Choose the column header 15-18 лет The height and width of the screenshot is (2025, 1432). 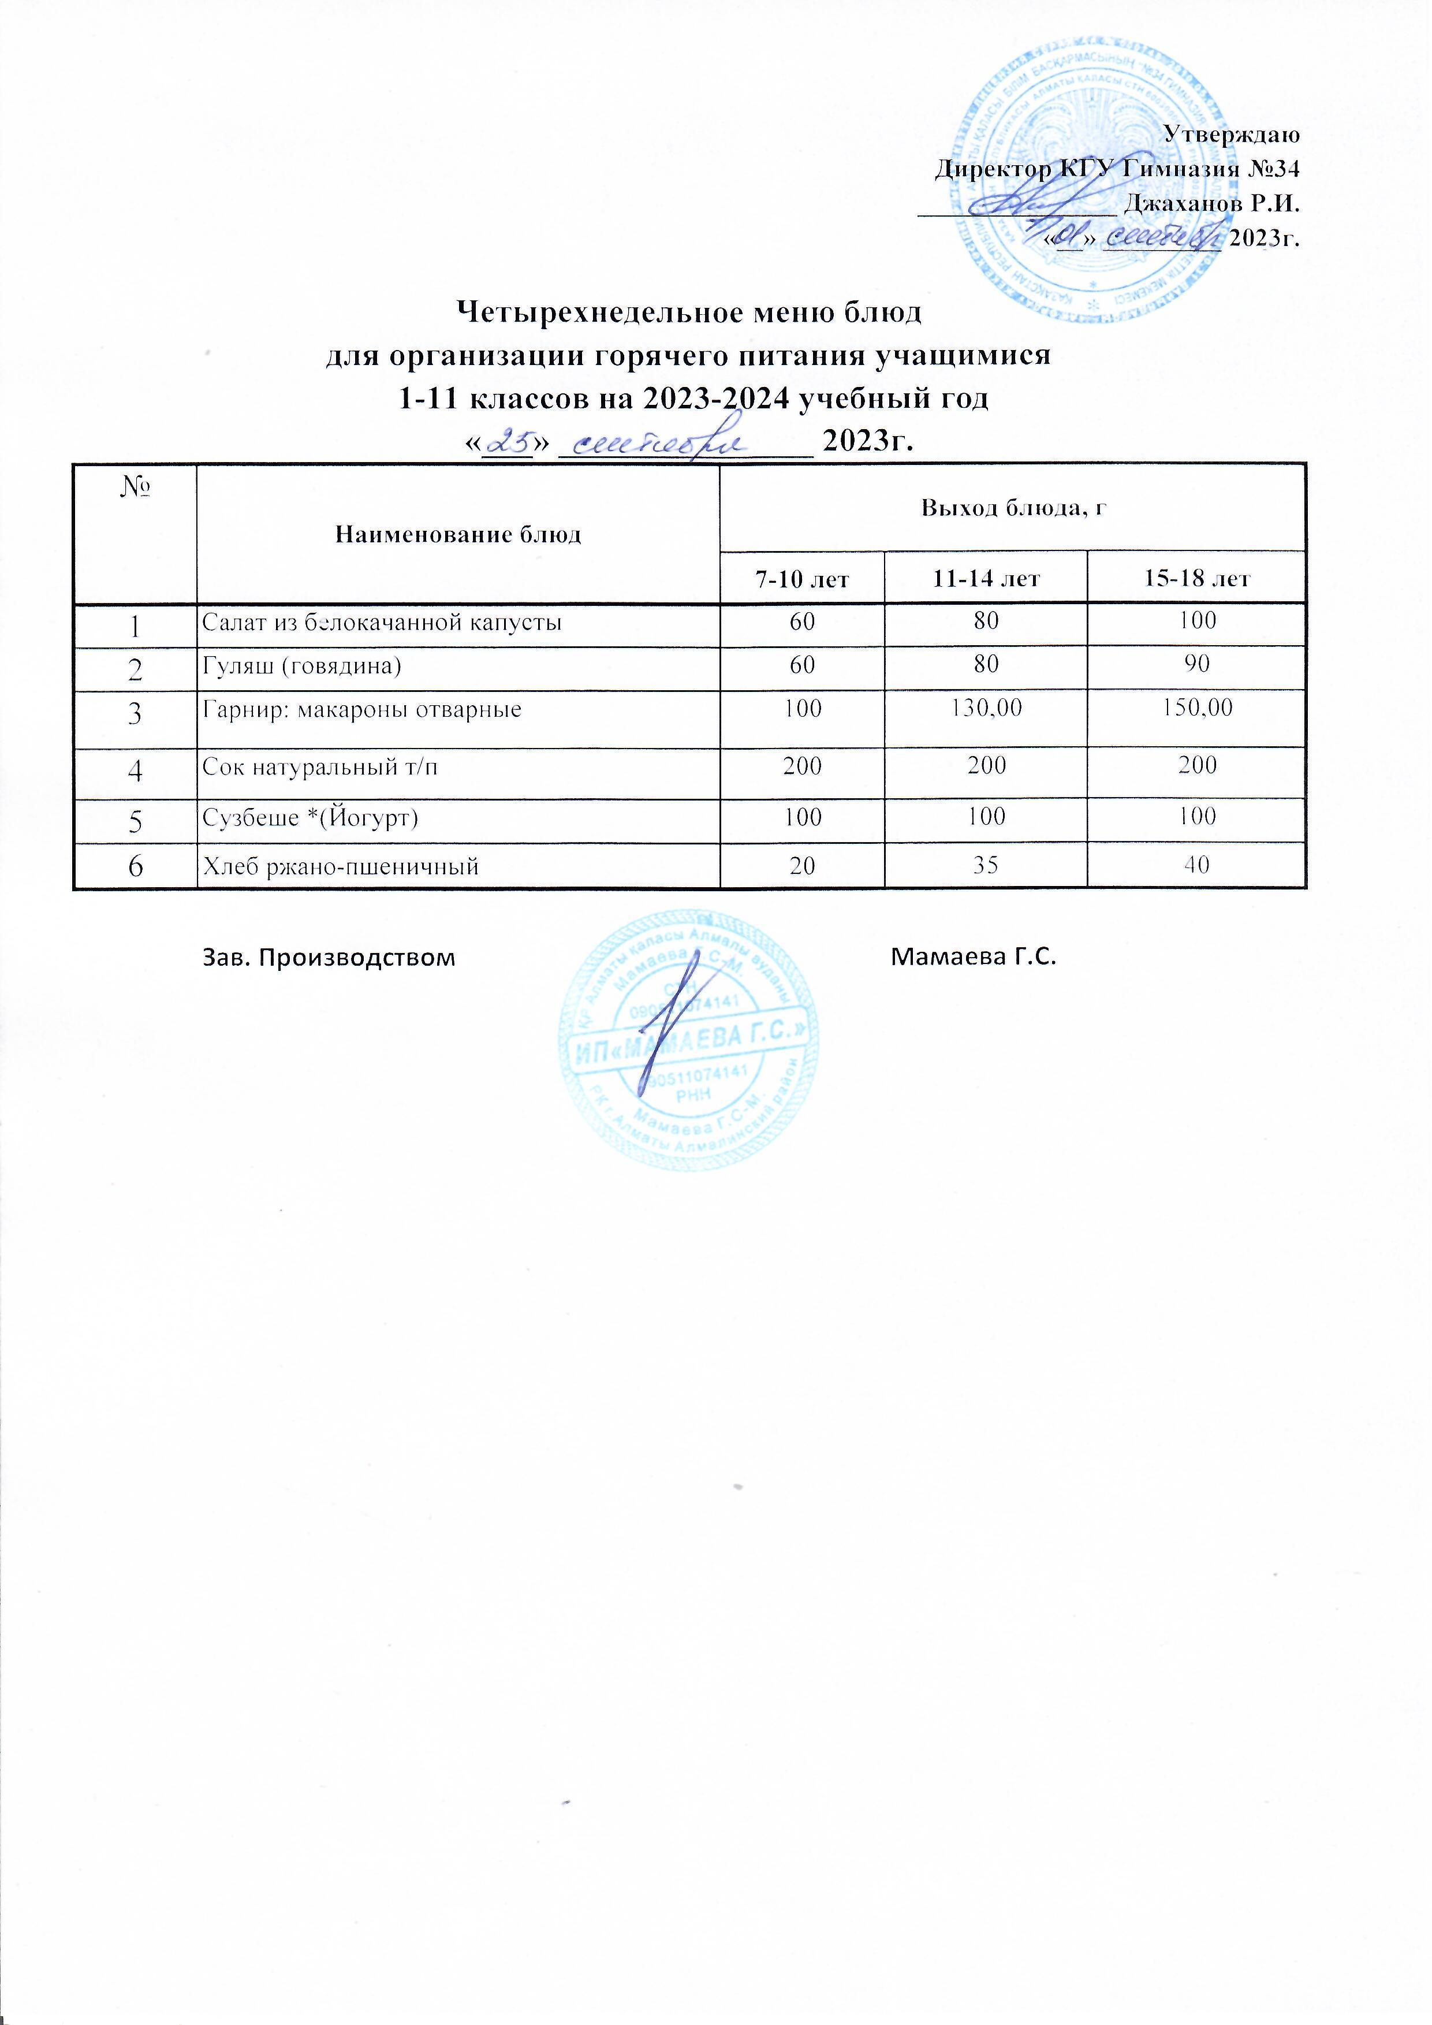1196,579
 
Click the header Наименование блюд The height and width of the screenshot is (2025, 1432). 458,534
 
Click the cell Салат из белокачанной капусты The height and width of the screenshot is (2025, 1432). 382,623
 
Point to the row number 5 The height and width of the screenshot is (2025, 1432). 135,821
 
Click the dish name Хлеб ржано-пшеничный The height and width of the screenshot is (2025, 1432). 340,867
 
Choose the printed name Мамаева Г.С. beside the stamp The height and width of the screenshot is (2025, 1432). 974,957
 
